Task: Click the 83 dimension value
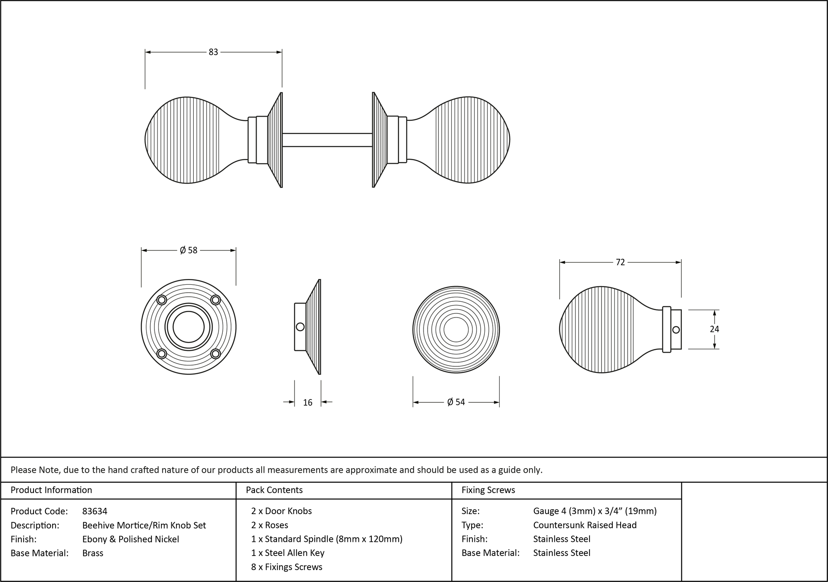coord(213,52)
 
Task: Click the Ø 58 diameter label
coord(189,250)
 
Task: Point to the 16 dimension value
coord(308,402)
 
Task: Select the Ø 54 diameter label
coord(456,402)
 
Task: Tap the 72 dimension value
coord(620,262)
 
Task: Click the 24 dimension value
coord(714,329)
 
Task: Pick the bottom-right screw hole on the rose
coord(215,354)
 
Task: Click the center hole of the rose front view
coord(189,327)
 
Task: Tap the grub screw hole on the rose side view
coord(300,327)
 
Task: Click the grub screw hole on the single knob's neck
coord(676,329)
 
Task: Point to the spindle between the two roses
coord(327,140)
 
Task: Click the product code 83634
coord(95,511)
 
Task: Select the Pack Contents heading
coord(274,490)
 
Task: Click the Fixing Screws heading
coord(488,490)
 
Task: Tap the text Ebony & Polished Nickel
coord(131,539)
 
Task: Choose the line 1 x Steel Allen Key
coord(288,553)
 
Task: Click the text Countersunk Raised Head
coord(585,525)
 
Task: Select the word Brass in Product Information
coord(93,553)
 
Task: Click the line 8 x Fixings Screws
coord(286,567)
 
